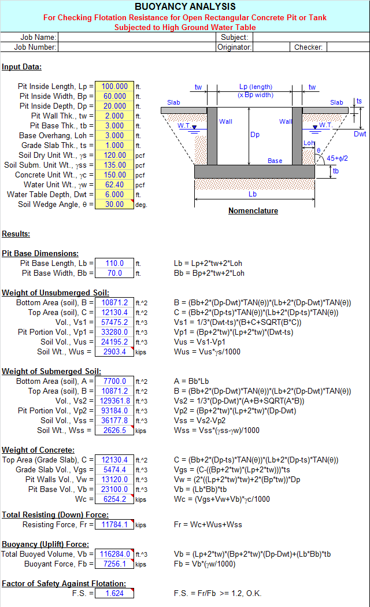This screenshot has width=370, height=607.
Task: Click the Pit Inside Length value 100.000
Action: [114, 86]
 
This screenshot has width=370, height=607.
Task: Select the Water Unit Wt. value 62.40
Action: [114, 184]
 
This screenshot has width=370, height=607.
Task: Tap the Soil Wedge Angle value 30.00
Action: [114, 205]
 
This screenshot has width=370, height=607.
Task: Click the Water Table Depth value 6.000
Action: [114, 194]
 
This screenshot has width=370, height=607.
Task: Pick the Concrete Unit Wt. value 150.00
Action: [114, 175]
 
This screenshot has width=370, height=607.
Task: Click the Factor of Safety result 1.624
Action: [114, 593]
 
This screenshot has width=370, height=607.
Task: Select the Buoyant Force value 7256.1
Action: [114, 564]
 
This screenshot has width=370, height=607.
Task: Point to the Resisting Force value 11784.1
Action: [114, 524]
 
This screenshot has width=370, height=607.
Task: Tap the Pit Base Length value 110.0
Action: [114, 263]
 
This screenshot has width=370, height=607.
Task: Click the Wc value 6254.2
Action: [114, 499]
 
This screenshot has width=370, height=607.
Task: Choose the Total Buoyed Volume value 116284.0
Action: [114, 554]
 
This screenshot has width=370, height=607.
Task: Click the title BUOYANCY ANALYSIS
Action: [185, 6]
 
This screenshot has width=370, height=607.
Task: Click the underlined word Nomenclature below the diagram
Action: [253, 210]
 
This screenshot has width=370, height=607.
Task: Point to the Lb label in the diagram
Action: [253, 194]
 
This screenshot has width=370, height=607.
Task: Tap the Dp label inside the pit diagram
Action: [255, 135]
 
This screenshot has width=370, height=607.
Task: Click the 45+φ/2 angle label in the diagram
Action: [337, 158]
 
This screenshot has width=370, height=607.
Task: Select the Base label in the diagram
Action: [275, 161]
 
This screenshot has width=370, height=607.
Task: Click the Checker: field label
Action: [308, 47]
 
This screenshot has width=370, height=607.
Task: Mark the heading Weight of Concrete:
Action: [38, 450]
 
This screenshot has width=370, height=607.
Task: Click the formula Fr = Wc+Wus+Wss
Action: [208, 524]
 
